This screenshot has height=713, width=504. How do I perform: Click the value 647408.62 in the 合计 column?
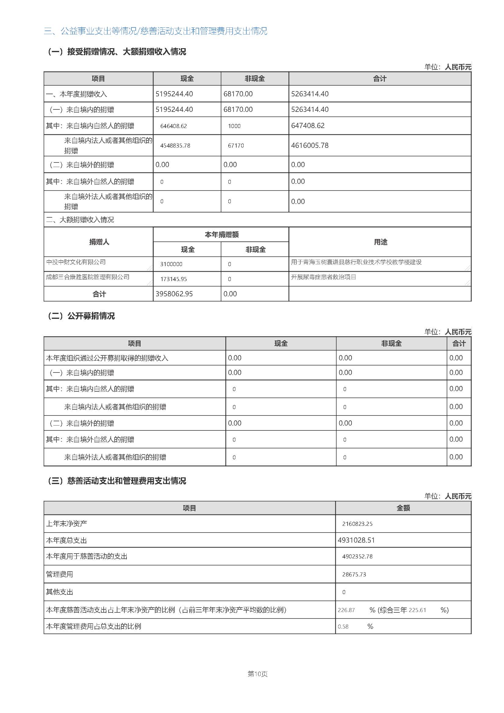coord(307,126)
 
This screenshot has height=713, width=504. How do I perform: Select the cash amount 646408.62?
coord(173,126)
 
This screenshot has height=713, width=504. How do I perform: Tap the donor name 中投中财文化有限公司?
coord(76,262)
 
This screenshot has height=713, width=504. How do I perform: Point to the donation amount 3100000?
coord(171,264)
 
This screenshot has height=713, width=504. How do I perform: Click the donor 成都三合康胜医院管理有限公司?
coord(88,277)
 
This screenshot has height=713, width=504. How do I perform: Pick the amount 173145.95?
coord(173,279)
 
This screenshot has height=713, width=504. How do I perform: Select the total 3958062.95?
coord(174,294)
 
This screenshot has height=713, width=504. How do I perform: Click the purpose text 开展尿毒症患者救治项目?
coord(323,277)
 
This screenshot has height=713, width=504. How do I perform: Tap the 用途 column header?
coord(380,242)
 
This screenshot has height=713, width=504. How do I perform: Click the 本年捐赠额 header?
coord(221,234)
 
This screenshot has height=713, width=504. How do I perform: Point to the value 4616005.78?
coord(309,145)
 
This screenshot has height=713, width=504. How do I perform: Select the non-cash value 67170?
coord(236,146)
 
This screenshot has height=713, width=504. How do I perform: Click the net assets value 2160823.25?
coord(357,524)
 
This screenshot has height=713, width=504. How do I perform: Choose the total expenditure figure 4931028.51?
coord(356,540)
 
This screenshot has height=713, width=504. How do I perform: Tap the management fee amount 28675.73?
coord(354,575)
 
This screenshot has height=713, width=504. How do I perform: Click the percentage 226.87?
coord(346,610)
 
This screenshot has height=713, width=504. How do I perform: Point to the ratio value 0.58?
coord(343,627)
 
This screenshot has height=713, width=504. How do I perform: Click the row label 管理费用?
coord(59,574)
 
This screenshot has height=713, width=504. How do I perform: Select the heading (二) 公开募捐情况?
coord(81,316)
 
